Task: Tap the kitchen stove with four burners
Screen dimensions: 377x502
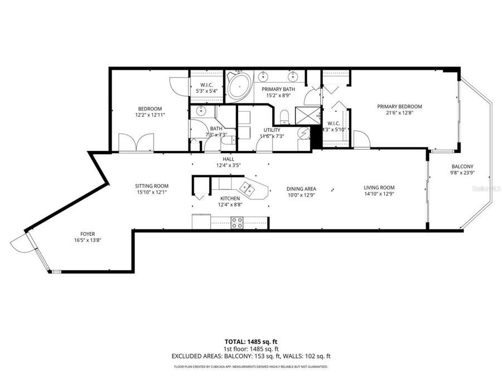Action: [x=237, y=223]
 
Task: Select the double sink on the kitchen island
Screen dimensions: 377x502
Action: [x=247, y=188]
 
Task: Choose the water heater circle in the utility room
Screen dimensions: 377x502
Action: [x=304, y=133]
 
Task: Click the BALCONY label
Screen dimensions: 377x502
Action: [x=462, y=166]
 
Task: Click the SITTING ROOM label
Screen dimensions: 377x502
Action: [x=151, y=186]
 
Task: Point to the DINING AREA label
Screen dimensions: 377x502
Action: [x=302, y=189]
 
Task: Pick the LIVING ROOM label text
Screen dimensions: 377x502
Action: [x=379, y=188]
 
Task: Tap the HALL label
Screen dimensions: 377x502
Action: [x=228, y=159]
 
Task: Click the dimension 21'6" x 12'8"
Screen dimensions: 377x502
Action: [x=399, y=113]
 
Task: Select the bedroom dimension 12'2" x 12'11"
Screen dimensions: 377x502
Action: [x=150, y=115]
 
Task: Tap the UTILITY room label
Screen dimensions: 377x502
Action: [x=272, y=130]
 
